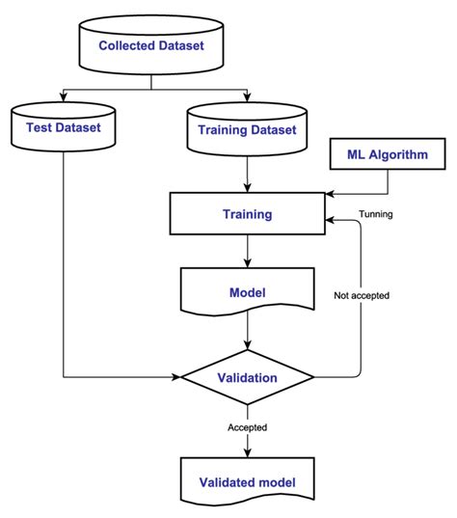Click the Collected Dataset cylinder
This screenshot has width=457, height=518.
[151, 45]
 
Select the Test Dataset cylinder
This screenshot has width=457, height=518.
[63, 127]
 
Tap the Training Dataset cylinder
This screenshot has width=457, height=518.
[247, 129]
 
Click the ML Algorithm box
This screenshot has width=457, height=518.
[388, 154]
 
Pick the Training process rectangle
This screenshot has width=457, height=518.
[248, 214]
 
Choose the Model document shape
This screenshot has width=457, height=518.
[248, 291]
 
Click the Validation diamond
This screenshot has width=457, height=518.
[248, 377]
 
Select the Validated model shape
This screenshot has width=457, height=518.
[248, 482]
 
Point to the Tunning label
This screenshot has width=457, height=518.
[376, 214]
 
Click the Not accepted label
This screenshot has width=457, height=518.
[362, 295]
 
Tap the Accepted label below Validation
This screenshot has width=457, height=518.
[248, 427]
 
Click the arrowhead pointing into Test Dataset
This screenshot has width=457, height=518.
[63, 97]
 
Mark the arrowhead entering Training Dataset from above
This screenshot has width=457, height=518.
[247, 97]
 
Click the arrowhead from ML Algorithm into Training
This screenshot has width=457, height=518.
[330, 194]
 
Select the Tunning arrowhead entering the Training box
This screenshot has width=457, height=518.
[330, 220]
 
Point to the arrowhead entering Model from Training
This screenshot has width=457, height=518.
[248, 263]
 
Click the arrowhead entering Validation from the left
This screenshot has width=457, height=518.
[176, 376]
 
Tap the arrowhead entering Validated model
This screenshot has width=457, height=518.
[248, 452]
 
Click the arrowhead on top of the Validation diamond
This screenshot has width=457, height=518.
[248, 345]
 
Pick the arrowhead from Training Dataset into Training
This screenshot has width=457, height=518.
[248, 188]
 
